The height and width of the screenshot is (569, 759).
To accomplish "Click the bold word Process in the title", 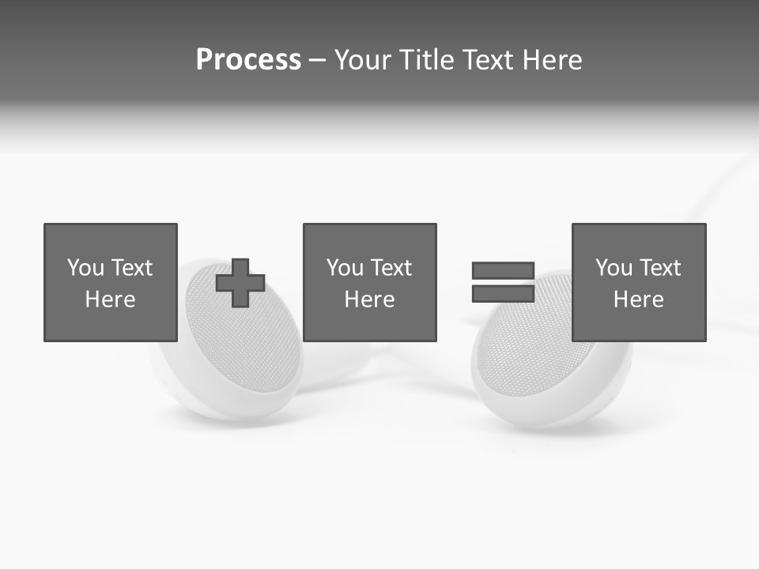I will click(x=248, y=60).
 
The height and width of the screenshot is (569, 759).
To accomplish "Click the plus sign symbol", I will click(x=240, y=283).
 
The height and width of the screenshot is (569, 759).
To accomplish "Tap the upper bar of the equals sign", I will click(x=503, y=271).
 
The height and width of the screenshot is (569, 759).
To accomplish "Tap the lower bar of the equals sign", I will click(x=503, y=293).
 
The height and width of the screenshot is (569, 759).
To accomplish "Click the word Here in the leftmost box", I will click(x=110, y=300).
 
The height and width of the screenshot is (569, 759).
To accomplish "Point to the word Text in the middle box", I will click(x=391, y=268).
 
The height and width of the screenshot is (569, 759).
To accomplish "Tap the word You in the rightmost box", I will click(x=614, y=268).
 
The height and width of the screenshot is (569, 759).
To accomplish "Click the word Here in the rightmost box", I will click(x=638, y=300).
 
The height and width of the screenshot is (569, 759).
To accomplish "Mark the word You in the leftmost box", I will click(x=85, y=268).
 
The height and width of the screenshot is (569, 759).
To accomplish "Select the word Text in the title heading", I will click(x=483, y=60).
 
